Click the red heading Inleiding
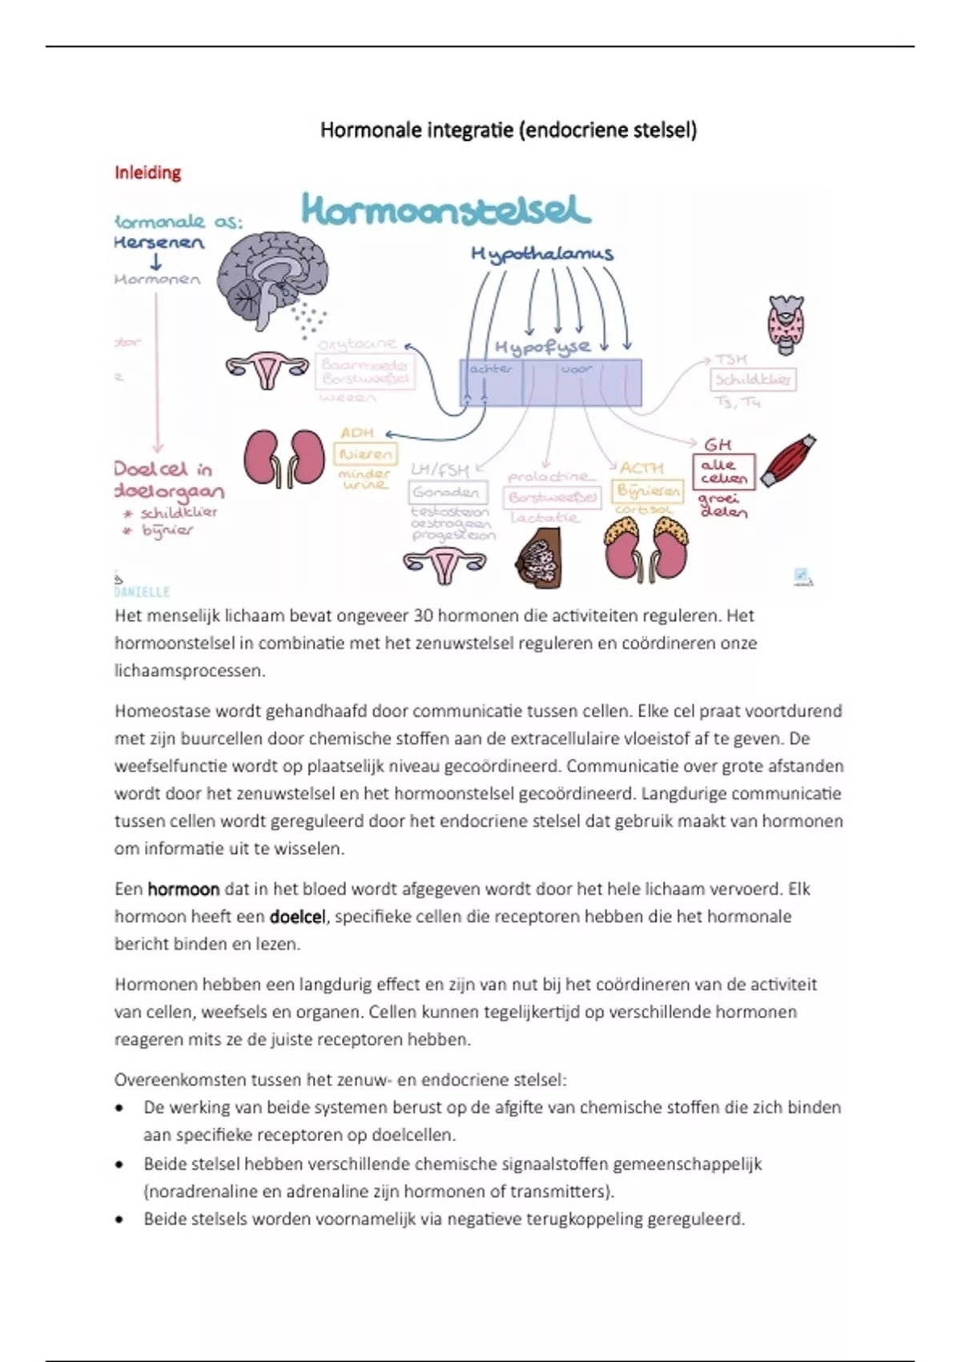[x=147, y=172]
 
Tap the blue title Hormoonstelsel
[x=446, y=210]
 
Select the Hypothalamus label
[x=542, y=254]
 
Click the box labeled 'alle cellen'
[x=723, y=471]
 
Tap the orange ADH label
[x=357, y=433]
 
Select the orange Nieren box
[x=366, y=454]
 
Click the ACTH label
[x=642, y=467]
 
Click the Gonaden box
[x=447, y=492]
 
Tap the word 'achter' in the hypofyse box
[x=491, y=369]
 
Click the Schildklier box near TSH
[x=753, y=379]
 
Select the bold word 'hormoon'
[x=183, y=889]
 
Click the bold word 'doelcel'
[x=297, y=917]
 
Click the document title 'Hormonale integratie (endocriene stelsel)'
[x=509, y=130]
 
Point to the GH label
[x=718, y=444]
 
